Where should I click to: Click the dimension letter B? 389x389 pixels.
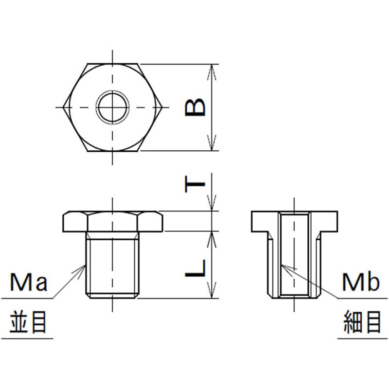coord(195,107)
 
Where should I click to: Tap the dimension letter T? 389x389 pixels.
coord(195,184)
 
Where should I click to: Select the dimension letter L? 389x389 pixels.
coord(195,268)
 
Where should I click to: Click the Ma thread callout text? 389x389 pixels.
coord(29,282)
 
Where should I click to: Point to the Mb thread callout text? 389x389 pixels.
coord(361,282)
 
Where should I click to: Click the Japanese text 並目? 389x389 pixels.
coord(28,322)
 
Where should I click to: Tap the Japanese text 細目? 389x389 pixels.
coord(362,322)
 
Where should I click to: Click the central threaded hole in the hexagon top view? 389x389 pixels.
coord(113,107)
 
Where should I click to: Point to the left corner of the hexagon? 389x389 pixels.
coord(63,107)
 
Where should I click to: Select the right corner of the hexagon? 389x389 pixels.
coord(162,107)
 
